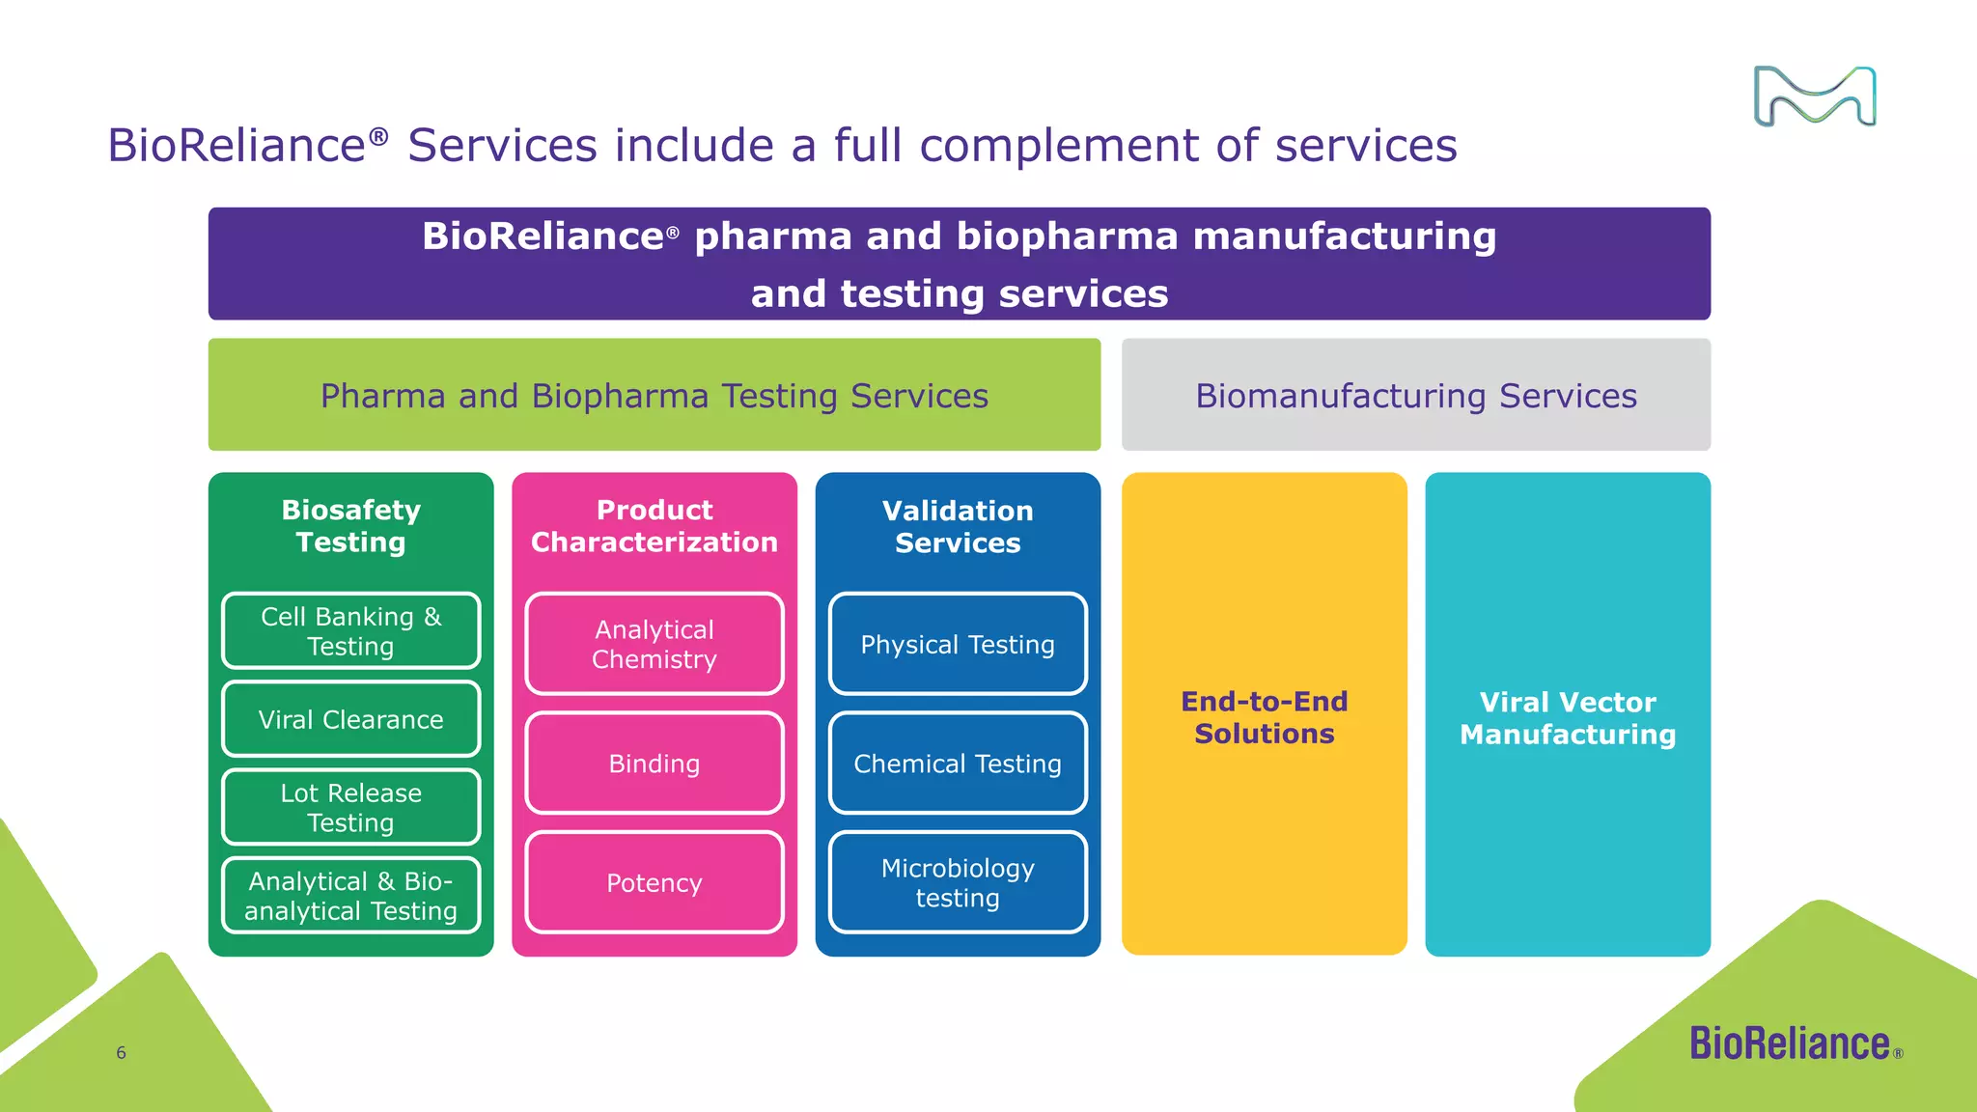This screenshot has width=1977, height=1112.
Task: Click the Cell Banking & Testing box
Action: [x=351, y=630]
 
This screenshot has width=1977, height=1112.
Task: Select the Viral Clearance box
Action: [x=351, y=719]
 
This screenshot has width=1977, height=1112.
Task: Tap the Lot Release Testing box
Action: [x=351, y=807]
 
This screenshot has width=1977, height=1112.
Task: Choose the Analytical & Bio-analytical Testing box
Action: [x=351, y=896]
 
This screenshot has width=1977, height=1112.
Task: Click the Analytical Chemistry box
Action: [x=654, y=644]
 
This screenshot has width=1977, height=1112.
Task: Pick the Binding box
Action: [x=654, y=764]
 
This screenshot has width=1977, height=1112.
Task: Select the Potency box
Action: [x=654, y=882]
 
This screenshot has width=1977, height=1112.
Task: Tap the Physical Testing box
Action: [x=958, y=644]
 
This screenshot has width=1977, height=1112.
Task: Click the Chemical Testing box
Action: [x=958, y=764]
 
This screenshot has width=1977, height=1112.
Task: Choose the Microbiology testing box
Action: [x=958, y=882]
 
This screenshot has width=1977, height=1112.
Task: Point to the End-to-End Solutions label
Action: [x=1265, y=717]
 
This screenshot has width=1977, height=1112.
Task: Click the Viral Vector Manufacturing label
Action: [x=1568, y=718]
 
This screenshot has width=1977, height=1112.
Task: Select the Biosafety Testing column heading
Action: [x=351, y=526]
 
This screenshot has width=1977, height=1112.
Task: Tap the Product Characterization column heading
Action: [x=654, y=526]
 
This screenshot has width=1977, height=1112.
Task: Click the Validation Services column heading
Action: [x=958, y=526]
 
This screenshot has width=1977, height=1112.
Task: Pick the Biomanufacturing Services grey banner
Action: [x=1416, y=394]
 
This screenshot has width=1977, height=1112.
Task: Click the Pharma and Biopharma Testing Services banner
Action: [x=654, y=394]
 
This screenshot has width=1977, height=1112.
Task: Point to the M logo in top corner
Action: [x=1815, y=97]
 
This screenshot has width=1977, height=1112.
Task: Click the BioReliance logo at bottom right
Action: [x=1796, y=1043]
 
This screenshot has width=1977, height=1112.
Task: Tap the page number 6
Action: [x=121, y=1053]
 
